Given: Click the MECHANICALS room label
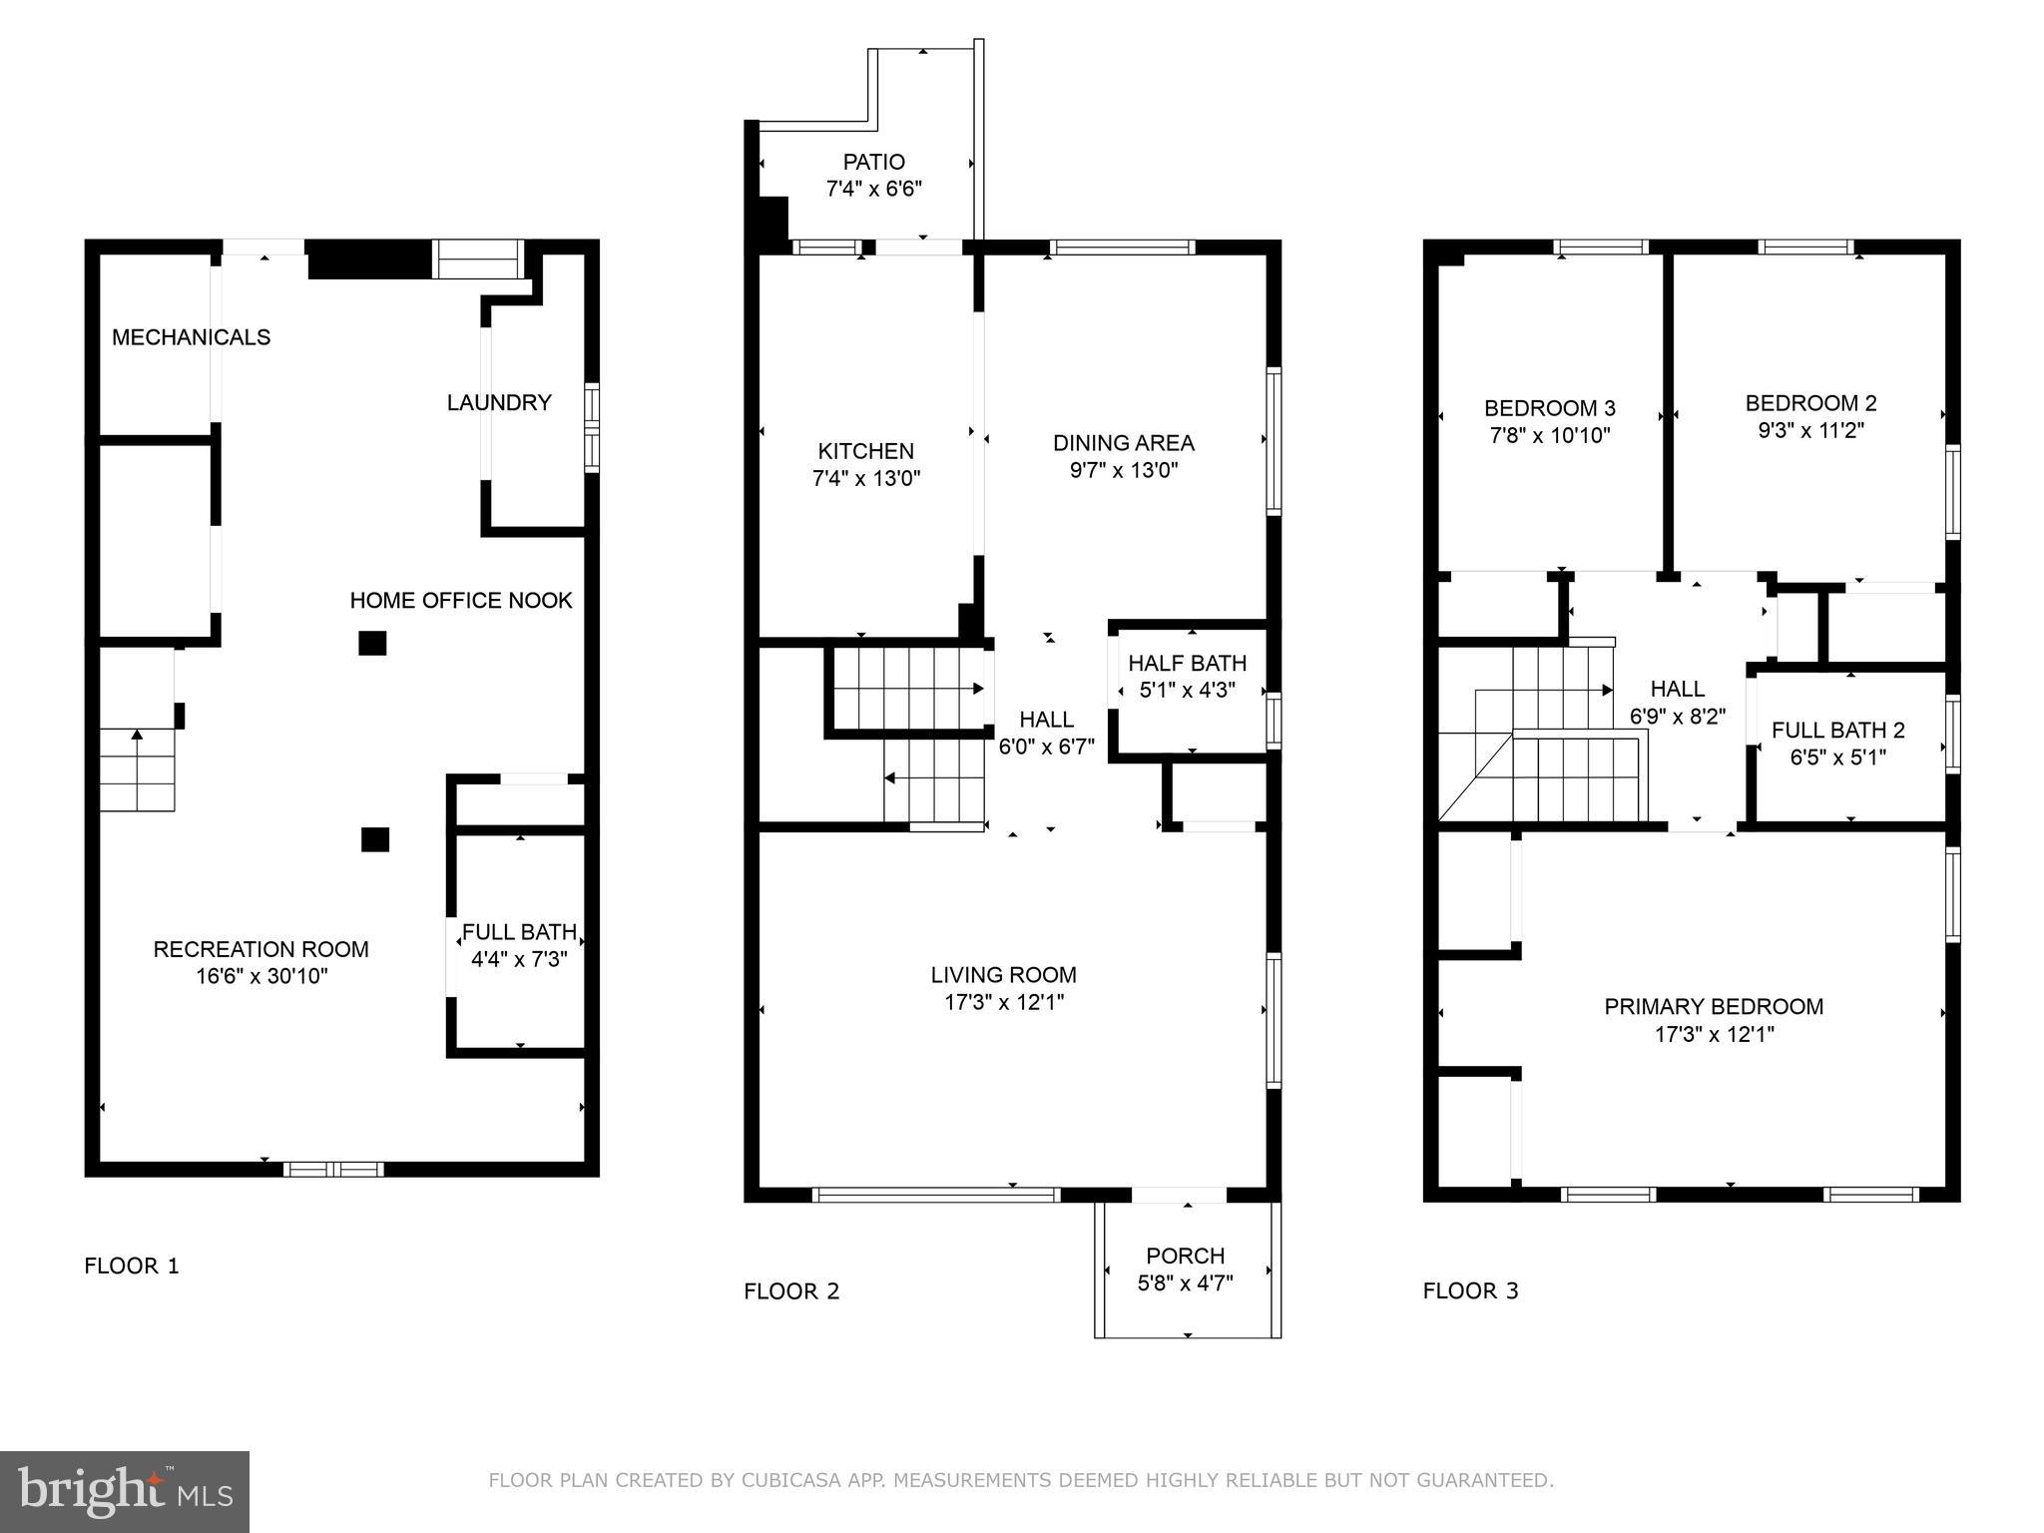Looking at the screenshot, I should (191, 337).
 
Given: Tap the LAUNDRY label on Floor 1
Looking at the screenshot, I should (498, 402).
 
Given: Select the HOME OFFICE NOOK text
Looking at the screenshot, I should (460, 600).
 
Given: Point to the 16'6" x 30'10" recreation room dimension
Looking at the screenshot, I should (261, 976).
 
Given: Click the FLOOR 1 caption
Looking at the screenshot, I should (132, 1266).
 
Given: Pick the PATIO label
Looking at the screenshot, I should (873, 162).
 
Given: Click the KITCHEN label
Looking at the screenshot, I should (865, 451).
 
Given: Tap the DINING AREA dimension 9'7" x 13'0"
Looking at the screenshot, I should (1124, 470).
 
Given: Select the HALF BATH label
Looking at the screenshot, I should (1187, 663).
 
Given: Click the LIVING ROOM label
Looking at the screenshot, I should (1003, 975).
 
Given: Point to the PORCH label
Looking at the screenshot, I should (1185, 1256).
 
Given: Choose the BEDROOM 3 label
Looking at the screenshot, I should (1549, 408).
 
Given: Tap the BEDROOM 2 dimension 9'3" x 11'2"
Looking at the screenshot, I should (1810, 430).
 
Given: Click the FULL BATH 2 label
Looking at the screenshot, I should (1837, 730).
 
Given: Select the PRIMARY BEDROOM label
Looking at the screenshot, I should (1713, 1007).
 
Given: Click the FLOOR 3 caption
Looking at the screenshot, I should (1470, 1290).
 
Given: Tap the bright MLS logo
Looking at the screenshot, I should (125, 1492).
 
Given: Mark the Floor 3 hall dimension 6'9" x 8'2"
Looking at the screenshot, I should (1677, 716).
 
